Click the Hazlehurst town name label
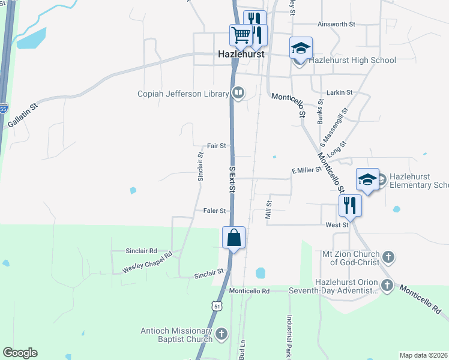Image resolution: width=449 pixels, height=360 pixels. [241, 55]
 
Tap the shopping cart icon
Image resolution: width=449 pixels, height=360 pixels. [241, 35]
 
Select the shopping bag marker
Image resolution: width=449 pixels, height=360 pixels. [234, 238]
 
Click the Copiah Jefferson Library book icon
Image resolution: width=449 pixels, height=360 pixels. [238, 93]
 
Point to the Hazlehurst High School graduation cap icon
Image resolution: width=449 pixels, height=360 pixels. [301, 48]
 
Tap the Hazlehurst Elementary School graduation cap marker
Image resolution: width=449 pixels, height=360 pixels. [367, 179]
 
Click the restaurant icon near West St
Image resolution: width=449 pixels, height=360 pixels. [349, 206]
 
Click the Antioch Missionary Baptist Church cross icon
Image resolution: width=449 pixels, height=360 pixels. [221, 334]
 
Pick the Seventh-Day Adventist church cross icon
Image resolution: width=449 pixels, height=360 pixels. [387, 286]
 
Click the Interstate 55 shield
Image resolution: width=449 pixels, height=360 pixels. [4, 109]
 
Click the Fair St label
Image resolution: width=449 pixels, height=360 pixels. [216, 146]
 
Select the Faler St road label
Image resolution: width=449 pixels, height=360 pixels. [214, 211]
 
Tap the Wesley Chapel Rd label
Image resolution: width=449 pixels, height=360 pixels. [147, 262]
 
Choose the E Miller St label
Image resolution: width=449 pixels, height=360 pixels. [307, 170]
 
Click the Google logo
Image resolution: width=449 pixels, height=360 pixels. [20, 353]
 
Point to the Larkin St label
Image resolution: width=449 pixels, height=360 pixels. [339, 93]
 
